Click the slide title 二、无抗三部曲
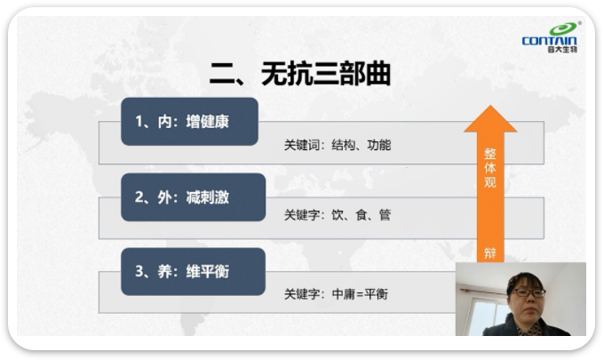[300, 73]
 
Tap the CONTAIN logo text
[549, 41]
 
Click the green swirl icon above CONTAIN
[563, 28]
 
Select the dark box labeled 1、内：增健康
[189, 122]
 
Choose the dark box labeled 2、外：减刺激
[193, 197]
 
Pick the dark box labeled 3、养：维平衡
[193, 271]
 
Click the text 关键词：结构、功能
[338, 145]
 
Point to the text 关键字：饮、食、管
[338, 215]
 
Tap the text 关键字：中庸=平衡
[336, 294]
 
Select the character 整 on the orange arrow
[490, 154]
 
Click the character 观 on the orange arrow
[490, 181]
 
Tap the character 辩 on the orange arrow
[490, 253]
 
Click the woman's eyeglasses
[529, 292]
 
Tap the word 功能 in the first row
[379, 145]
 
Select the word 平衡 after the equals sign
[376, 294]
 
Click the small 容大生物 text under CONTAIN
[562, 50]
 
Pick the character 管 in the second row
[385, 215]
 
